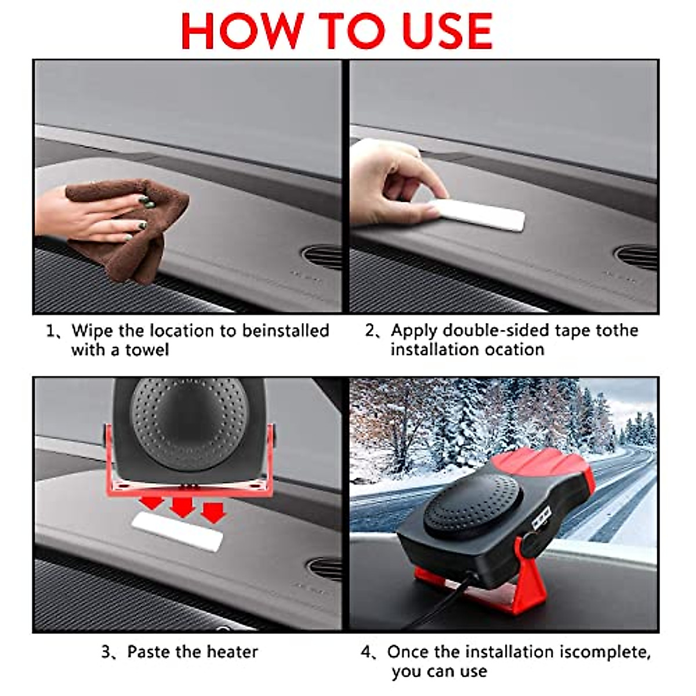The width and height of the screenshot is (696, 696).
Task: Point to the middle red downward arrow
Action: pyautogui.click(x=183, y=505)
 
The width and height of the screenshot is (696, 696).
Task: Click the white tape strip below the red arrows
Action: pyautogui.click(x=177, y=531)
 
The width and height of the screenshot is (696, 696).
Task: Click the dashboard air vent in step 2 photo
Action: pyautogui.click(x=636, y=256)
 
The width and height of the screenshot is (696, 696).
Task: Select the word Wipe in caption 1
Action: pyautogui.click(x=92, y=331)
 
